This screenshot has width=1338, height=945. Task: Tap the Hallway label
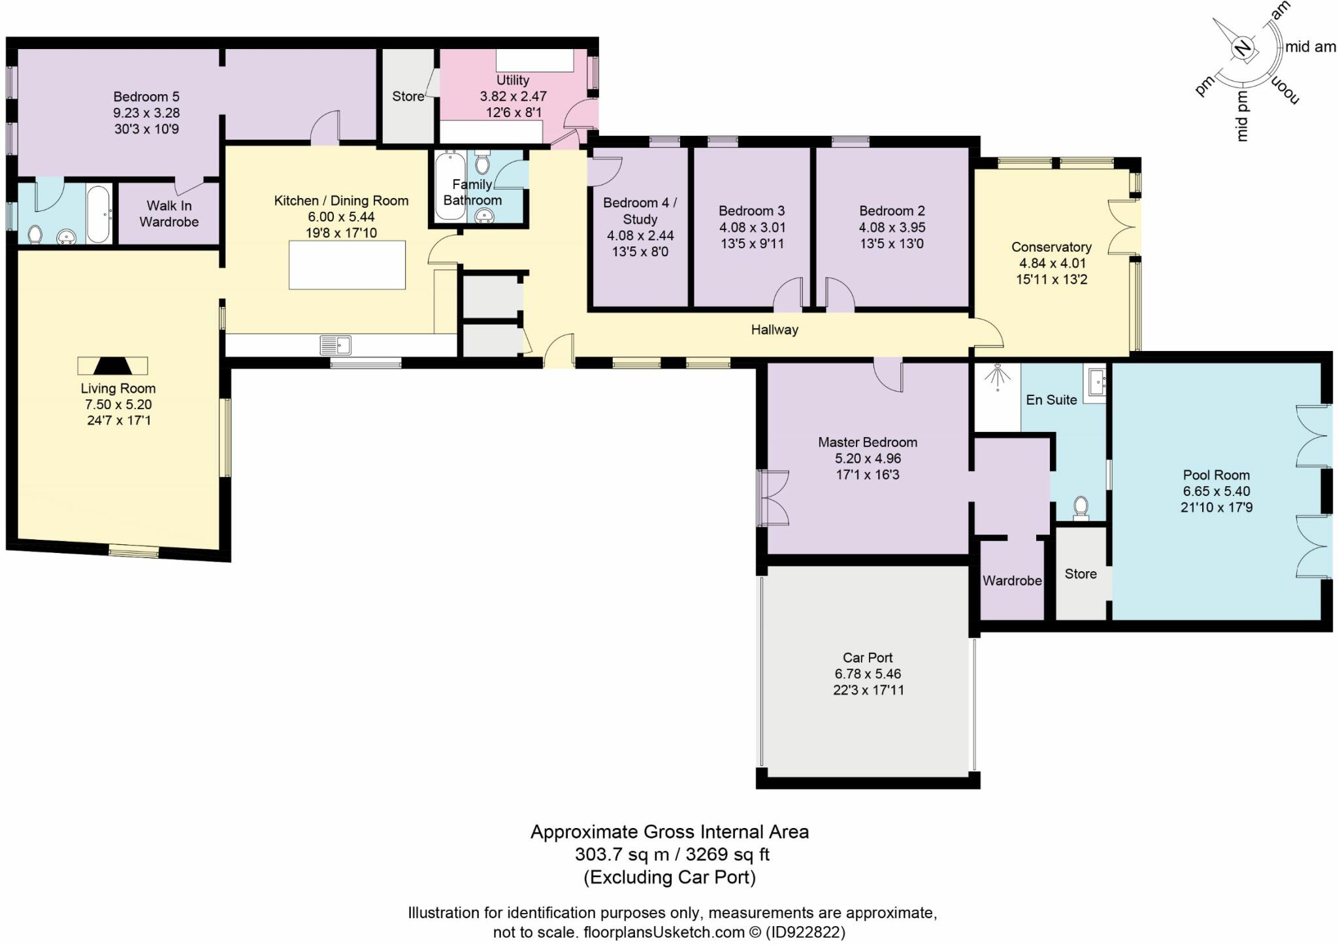[x=774, y=330]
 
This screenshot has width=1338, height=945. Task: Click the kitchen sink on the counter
[x=336, y=344]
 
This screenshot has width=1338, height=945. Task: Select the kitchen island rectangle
[x=347, y=265]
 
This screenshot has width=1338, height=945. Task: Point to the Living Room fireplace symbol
[x=113, y=365]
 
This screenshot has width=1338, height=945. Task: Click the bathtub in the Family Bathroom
[x=450, y=186]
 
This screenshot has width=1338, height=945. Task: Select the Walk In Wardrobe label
[x=169, y=214]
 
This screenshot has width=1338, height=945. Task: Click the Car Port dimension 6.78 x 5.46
[x=868, y=674]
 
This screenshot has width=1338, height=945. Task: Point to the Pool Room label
[x=1216, y=475]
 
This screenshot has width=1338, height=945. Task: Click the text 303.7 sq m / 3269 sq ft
[x=672, y=854]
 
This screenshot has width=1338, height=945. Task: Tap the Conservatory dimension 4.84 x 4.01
[x=1051, y=263]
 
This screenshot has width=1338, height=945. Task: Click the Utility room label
[x=513, y=80]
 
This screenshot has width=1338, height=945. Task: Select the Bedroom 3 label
[x=751, y=211]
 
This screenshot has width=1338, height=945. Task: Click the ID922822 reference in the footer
[x=805, y=932]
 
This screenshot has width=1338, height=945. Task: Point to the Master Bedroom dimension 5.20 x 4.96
[x=868, y=459]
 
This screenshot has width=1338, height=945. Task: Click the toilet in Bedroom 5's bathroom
[x=36, y=234]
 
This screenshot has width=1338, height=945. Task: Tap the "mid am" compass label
[x=1311, y=46]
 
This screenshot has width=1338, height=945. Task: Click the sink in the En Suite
[x=1095, y=383]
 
